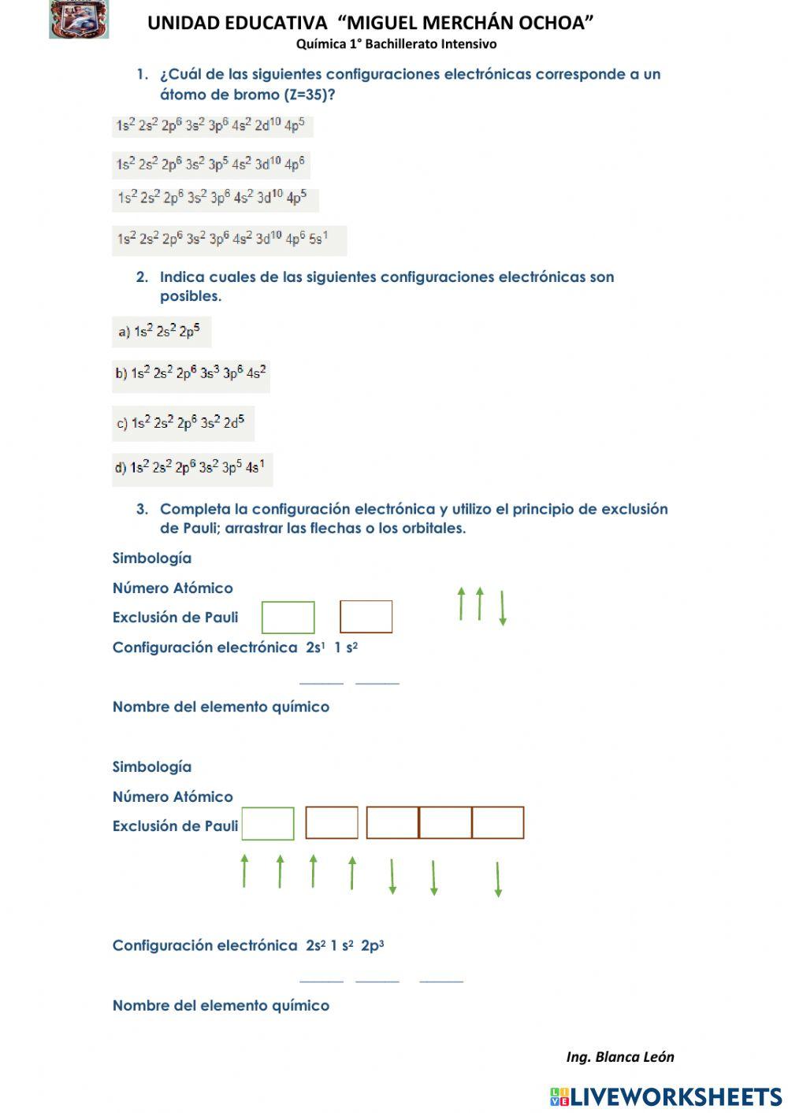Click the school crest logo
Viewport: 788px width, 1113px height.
pos(78,20)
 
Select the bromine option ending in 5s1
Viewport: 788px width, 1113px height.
pos(229,239)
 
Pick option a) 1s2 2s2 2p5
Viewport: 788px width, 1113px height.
pos(161,332)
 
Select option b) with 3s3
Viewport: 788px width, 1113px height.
pos(191,374)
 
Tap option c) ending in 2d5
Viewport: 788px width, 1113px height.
pos(183,423)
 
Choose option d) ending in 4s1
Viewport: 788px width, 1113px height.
pos(191,468)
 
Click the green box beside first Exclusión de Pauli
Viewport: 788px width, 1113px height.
pos(288,618)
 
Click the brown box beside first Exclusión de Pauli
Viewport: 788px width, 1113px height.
pos(366,617)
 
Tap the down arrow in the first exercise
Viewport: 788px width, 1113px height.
pos(503,608)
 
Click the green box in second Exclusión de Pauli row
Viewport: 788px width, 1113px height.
pos(268,824)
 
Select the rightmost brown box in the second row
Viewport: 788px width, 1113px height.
pos(498,823)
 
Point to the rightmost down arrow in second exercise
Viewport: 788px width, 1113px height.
pos(498,879)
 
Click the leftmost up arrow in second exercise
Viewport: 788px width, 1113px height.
pos(244,870)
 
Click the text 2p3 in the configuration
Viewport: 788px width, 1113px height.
pos(373,945)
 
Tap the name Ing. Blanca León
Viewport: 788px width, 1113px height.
pos(619,1057)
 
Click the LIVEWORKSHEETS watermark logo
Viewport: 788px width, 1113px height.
pos(666,1096)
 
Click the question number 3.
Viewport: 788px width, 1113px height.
pos(142,509)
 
